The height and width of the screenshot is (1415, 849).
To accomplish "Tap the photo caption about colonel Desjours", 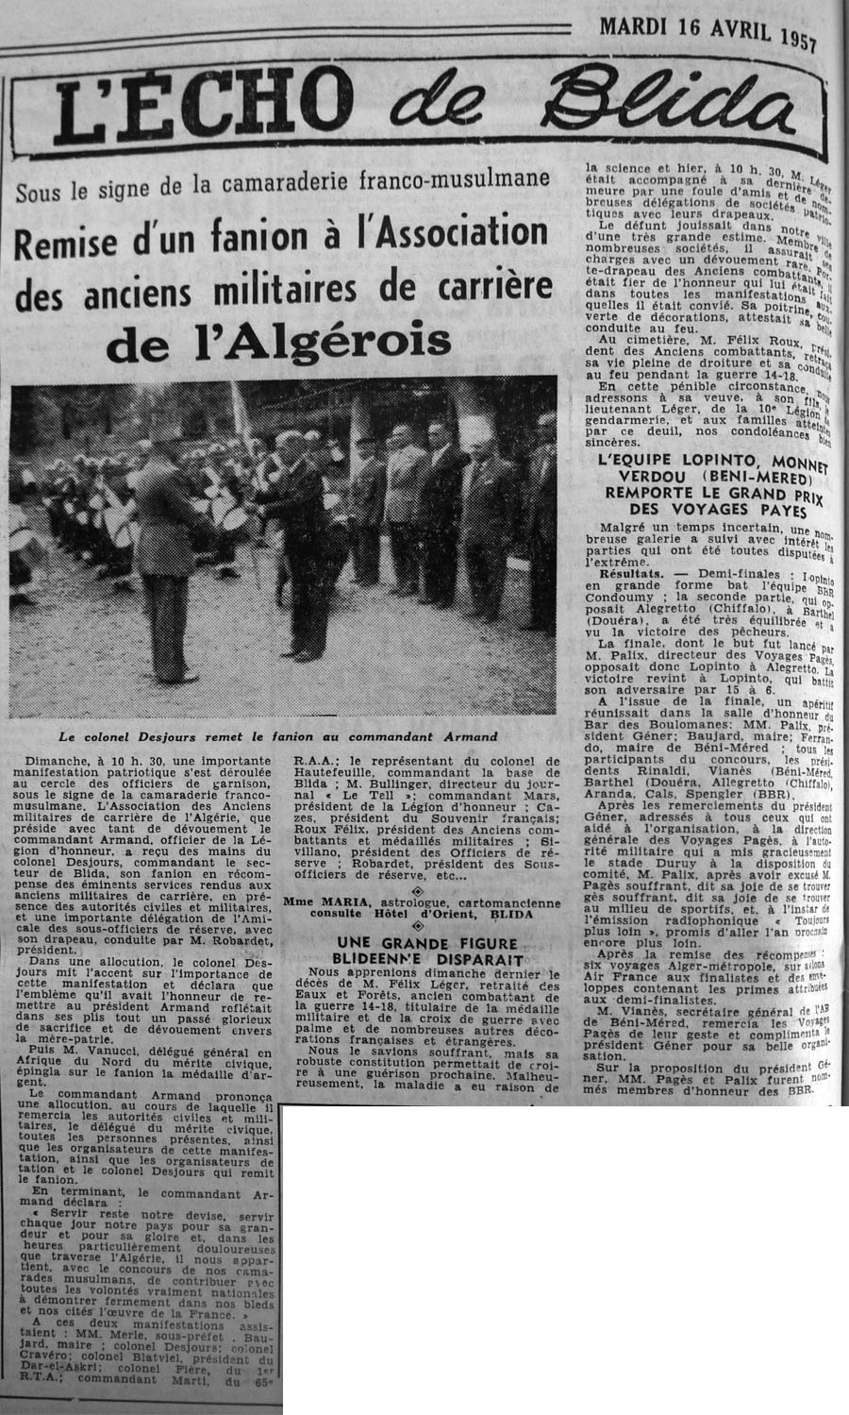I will coord(275,735).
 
